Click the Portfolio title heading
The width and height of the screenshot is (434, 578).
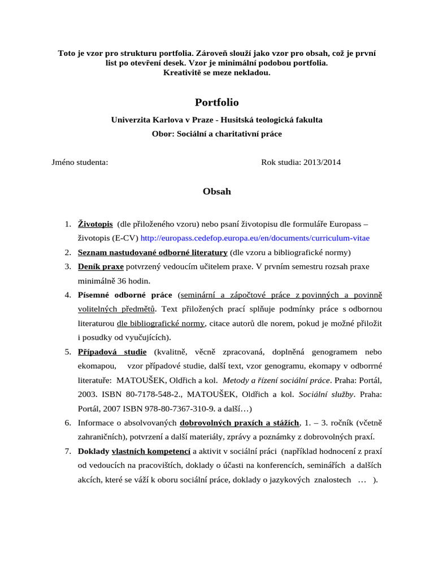pos(216,102)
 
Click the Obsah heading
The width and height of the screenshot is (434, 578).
pos(216,191)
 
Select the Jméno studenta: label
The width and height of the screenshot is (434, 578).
pos(80,163)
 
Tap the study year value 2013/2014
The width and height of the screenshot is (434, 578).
pos(322,163)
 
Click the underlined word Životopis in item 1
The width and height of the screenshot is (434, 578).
pos(95,224)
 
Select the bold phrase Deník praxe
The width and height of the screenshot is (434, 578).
pos(101,266)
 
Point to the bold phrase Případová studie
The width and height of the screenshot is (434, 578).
pos(112,351)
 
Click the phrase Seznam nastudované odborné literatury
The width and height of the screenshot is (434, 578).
pos(153,252)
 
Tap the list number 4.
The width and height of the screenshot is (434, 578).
pos(67,295)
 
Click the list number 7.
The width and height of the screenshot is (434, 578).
pos(67,451)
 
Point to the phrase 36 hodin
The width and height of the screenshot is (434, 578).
pos(130,280)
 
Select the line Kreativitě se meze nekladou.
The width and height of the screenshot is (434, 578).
pos(216,73)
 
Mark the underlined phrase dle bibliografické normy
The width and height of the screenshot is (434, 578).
pos(160,323)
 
